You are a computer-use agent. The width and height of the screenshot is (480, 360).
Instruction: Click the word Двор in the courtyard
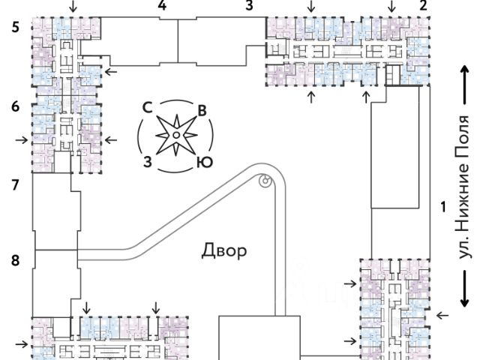tap(224, 251)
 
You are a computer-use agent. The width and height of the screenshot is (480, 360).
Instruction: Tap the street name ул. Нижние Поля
tap(463, 187)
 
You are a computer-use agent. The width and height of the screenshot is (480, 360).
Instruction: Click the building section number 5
tap(15, 28)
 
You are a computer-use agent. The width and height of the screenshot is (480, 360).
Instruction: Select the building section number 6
tap(15, 106)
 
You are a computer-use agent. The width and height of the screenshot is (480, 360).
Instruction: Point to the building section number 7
tap(15, 185)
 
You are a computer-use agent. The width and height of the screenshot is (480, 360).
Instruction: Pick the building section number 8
tap(15, 260)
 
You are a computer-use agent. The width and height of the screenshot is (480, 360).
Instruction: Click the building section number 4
tap(162, 5)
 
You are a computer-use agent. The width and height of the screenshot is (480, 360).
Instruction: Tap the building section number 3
tap(250, 5)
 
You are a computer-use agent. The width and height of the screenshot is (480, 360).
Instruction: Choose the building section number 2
tap(423, 5)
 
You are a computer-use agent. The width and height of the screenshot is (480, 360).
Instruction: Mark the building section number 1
tap(443, 207)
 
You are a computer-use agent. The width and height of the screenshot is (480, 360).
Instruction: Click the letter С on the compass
tap(148, 107)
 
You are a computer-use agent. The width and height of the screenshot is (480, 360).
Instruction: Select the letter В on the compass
tap(202, 110)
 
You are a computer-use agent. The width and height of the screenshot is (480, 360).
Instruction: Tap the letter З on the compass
tap(148, 162)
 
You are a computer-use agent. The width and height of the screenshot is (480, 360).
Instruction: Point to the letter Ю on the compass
tap(205, 163)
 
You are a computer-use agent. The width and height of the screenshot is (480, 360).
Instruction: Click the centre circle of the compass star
tap(176, 135)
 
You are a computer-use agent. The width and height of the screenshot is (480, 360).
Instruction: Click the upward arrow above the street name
tap(465, 85)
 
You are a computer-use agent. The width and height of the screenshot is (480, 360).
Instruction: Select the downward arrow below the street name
tap(465, 288)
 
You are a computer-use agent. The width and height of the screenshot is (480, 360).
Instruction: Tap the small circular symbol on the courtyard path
tap(265, 180)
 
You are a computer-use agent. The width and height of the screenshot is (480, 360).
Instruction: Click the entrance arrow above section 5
tap(73, 7)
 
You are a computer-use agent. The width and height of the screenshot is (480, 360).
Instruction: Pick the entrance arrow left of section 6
tap(22, 140)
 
